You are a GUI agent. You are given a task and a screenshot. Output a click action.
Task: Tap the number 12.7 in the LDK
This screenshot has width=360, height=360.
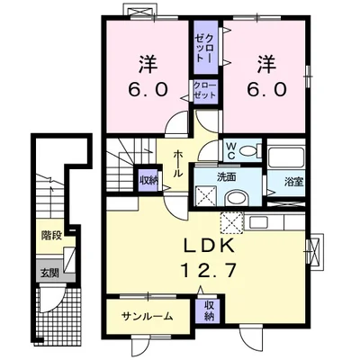coord(209,270)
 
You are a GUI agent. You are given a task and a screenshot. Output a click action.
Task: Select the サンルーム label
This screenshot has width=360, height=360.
coord(148,316)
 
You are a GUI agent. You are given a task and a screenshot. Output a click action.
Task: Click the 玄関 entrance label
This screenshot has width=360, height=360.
coord(49,274)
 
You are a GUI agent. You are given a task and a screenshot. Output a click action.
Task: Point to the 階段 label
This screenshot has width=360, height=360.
coord(52,236)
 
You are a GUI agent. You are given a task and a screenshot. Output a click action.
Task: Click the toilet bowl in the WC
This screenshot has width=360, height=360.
coord(247,151)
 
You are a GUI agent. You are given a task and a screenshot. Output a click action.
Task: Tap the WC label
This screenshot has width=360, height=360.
coord(230,151)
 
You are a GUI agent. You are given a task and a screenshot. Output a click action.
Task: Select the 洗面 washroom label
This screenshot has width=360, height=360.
coord(226,177)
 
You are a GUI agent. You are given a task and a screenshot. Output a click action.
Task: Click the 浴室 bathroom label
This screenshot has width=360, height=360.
coord(294,182)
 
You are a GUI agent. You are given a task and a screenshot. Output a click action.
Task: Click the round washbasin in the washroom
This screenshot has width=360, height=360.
coord(238,199)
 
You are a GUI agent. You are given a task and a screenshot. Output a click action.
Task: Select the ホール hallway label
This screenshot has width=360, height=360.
coord(179,164)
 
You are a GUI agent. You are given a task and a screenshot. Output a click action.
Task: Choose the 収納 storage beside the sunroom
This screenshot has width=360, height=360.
coord(209,310)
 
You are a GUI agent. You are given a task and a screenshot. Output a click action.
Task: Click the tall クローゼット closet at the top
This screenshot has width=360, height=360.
coord(205,48)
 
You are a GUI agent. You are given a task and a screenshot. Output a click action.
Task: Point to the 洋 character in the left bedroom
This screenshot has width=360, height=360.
coord(148,65)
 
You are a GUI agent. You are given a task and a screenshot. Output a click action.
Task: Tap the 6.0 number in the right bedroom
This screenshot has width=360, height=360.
coord(265,89)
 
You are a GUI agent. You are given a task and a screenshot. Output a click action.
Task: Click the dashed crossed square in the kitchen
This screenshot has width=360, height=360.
coord(231,223)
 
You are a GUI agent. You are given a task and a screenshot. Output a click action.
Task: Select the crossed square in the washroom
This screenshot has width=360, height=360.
coord(206,195)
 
